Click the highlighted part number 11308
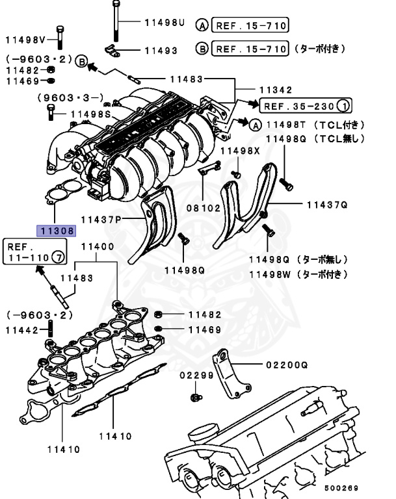[x=57, y=230]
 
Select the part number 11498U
[x=165, y=23]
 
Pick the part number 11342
[x=276, y=90]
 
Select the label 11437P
[x=101, y=219]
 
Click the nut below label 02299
[x=194, y=396]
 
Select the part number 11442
[x=22, y=330]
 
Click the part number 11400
[x=98, y=247]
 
